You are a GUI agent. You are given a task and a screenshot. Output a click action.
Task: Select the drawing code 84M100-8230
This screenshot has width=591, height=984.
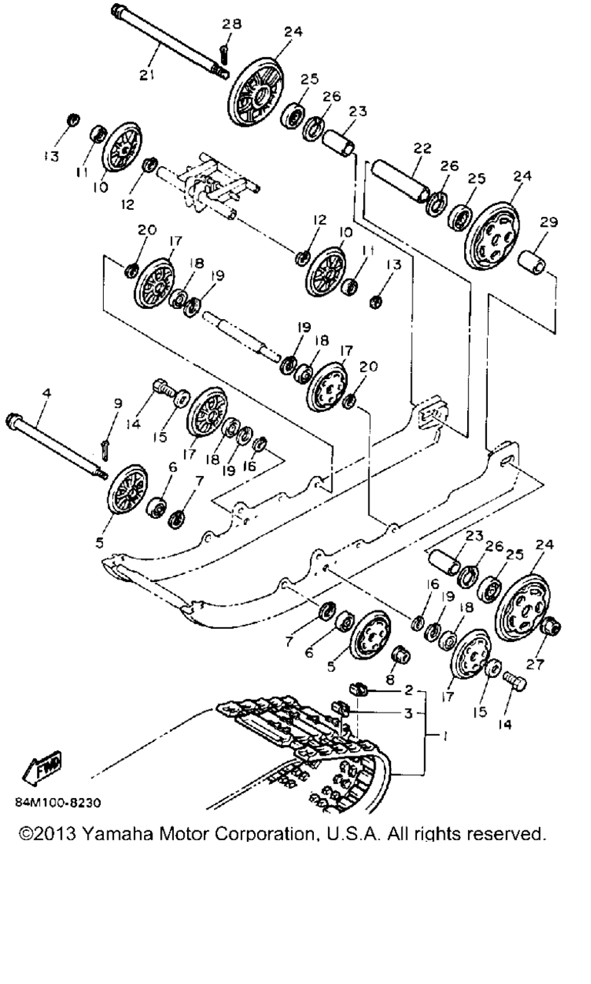(58, 803)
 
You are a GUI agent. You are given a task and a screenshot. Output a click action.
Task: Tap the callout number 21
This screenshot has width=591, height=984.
(147, 75)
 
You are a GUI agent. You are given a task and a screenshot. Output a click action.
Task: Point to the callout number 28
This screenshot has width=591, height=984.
(232, 23)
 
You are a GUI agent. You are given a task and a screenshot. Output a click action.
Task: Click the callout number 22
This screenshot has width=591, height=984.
(422, 148)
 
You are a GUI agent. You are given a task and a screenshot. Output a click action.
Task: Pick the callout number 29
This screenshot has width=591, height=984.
(549, 222)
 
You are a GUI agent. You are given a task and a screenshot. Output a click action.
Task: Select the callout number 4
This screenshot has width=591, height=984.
(47, 392)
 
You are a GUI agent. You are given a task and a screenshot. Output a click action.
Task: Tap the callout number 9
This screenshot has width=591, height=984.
(118, 404)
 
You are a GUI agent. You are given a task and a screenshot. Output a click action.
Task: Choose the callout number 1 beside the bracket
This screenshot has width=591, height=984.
(445, 736)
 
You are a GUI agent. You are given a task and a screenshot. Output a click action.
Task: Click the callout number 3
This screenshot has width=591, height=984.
(409, 713)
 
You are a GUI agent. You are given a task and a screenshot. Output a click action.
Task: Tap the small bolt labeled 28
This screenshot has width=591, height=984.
(225, 55)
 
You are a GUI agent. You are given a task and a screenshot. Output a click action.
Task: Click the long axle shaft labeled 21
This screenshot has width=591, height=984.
(170, 42)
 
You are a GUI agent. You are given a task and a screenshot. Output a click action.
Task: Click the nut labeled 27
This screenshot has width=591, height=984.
(552, 626)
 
